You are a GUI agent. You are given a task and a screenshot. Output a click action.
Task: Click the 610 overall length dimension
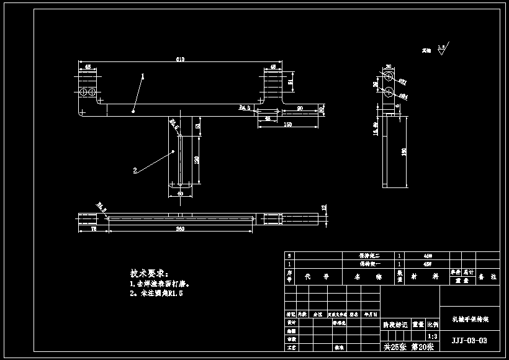(180, 59)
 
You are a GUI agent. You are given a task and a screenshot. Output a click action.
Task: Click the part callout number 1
(143, 77)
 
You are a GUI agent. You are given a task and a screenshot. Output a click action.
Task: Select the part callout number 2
(134, 169)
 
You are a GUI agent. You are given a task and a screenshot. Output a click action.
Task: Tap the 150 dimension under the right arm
(288, 125)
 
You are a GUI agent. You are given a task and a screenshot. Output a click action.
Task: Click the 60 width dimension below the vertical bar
(181, 194)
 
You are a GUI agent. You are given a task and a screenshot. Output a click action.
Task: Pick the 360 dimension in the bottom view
(180, 229)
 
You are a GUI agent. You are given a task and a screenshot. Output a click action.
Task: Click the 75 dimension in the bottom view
(93, 229)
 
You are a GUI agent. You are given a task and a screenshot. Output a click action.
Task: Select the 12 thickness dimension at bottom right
(323, 207)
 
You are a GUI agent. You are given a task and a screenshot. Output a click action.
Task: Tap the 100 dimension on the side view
(404, 152)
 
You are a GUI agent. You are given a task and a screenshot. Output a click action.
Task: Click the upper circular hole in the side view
(388, 76)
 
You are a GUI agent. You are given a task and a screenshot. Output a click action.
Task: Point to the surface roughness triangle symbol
(441, 51)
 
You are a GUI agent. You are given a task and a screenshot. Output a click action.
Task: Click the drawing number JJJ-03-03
(469, 340)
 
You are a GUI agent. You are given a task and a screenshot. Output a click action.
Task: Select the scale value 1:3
(431, 336)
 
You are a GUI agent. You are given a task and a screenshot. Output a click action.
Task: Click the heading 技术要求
(148, 273)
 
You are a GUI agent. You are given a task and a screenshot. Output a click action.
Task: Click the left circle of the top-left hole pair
(83, 92)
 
